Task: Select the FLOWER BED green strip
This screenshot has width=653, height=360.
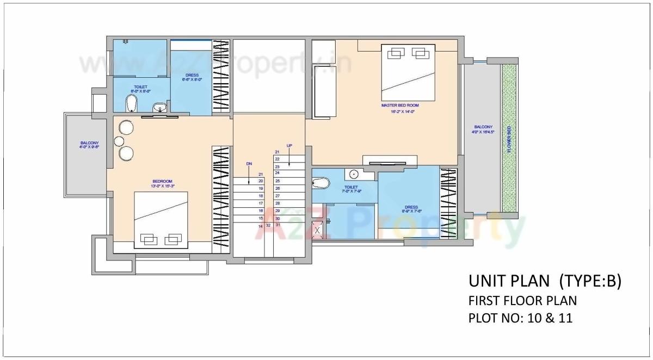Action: pos(509,139)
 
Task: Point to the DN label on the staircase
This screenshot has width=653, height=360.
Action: pos(249,163)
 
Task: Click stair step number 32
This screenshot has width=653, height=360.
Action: pos(268,225)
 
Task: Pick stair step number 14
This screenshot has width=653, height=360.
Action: pos(261,225)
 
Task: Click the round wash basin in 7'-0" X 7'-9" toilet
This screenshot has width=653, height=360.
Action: pos(353,175)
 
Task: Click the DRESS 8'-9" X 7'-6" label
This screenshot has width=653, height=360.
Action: pos(411,209)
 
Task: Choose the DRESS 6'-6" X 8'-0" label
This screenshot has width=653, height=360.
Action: pos(192,77)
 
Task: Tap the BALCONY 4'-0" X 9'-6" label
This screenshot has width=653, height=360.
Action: pos(89,145)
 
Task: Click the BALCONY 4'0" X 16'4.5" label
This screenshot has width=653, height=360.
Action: pos(483,129)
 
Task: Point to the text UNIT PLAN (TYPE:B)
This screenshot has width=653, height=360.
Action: pos(544,281)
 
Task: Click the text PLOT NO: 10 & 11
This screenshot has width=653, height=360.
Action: pos(520,318)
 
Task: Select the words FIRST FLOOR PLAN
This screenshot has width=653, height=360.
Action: pos(522,300)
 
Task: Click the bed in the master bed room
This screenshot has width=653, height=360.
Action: pos(408,73)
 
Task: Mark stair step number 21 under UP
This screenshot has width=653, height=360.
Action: pos(277,152)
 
